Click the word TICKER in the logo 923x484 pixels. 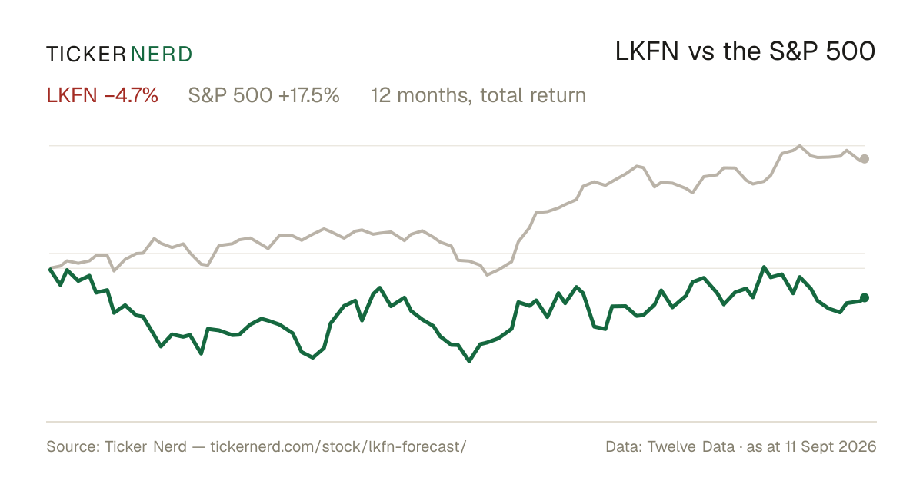click(x=85, y=55)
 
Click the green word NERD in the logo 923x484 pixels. click(x=162, y=55)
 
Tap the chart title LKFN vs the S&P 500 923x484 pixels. click(x=745, y=51)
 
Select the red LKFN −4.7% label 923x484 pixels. click(x=102, y=95)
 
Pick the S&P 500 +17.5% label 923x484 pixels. click(x=264, y=95)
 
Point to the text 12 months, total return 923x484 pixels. click(x=478, y=96)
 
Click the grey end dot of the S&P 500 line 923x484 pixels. click(x=865, y=159)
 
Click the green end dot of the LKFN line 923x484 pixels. click(x=865, y=297)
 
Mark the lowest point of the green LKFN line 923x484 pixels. click(x=469, y=361)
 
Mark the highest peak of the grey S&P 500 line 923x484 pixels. click(x=800, y=146)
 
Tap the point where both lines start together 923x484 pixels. click(x=50, y=268)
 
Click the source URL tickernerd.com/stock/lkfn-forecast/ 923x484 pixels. click(x=338, y=446)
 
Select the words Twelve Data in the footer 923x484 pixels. click(x=691, y=446)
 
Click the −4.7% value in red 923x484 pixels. click(x=132, y=95)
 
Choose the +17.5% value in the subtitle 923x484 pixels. click(x=309, y=95)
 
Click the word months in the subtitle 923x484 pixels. click(x=435, y=96)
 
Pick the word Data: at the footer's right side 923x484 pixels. click(x=624, y=446)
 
